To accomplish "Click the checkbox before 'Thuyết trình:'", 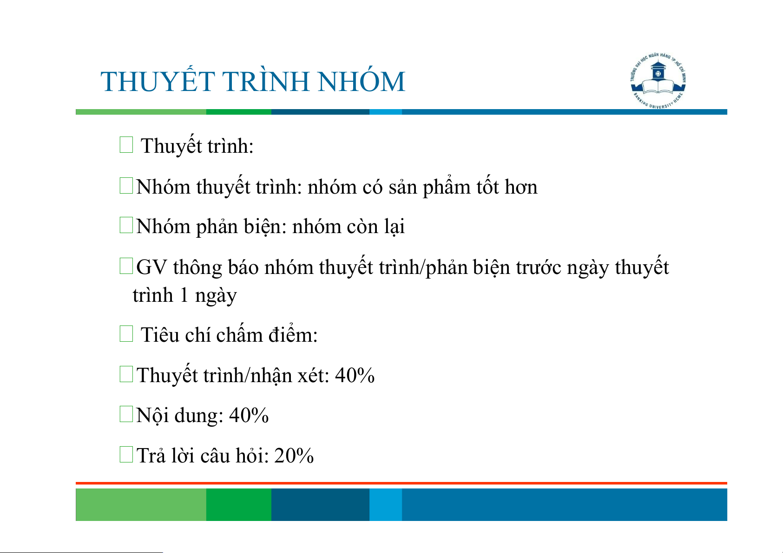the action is tap(126, 144).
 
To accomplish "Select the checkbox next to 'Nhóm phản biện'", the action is tap(126, 225).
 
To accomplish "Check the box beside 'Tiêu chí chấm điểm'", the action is tap(126, 334).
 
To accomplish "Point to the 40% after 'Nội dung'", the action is tap(249, 416).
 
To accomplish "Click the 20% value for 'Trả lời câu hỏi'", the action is tap(294, 455).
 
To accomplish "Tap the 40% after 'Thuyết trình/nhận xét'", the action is tap(355, 376).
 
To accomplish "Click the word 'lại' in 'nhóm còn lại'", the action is tap(395, 227).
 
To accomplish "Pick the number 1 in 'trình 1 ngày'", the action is tap(184, 295).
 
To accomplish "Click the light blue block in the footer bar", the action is tap(386, 504).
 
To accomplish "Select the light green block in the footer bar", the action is tap(141, 504).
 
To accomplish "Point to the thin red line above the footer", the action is tap(401, 483).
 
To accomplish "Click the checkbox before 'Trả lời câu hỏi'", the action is tap(126, 454).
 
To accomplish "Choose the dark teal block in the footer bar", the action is tap(320, 504).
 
